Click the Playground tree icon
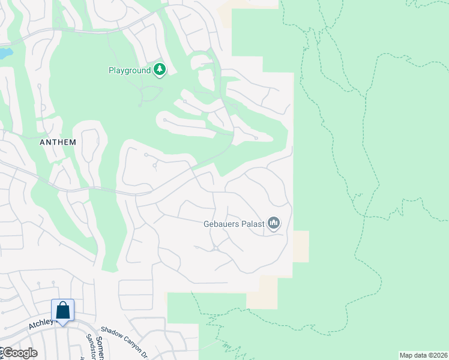160,70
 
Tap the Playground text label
129,71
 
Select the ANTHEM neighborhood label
58,142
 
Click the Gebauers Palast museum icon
274,224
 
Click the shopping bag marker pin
62,311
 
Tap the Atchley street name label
41,325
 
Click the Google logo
19,353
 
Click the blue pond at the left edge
5,53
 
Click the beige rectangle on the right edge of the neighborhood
301,246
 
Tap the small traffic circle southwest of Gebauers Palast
214,248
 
